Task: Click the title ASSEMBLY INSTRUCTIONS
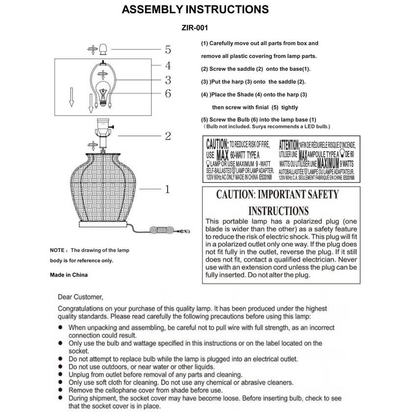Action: (195, 10)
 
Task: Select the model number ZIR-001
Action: (195, 28)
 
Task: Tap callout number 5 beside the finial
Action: (168, 50)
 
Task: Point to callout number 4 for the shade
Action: (168, 65)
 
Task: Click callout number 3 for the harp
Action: (168, 80)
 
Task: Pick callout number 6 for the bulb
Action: (168, 93)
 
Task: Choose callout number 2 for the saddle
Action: (168, 136)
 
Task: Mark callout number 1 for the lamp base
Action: (168, 188)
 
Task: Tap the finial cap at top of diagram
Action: (103, 49)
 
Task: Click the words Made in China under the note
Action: (69, 275)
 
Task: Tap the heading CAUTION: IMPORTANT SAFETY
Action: (278, 195)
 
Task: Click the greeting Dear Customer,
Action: (80, 297)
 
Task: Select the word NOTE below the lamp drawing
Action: (57, 251)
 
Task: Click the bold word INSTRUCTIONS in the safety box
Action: (278, 211)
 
